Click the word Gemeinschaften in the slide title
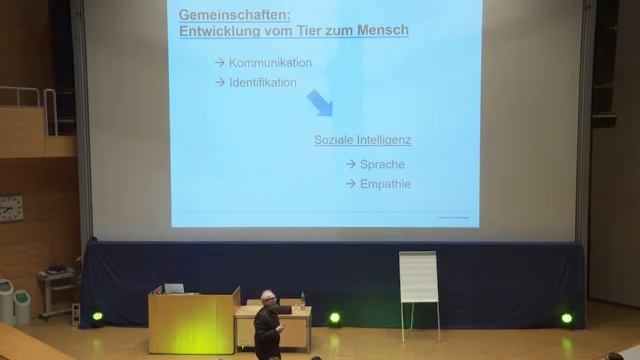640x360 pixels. pos(221,14)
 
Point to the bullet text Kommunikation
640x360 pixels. pos(270,63)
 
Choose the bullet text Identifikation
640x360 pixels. pos(262,83)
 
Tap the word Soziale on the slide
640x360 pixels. pos(333,140)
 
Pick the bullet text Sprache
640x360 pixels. pos(382,164)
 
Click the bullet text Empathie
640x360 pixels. pos(385,184)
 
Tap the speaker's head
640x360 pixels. pos(267,299)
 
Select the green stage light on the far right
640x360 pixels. pos(567,318)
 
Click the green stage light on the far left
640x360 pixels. pos(97,317)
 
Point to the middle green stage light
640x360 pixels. pos(334,318)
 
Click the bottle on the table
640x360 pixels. pos(303,299)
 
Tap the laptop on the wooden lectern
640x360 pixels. pos(174,289)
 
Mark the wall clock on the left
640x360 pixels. pos(10,208)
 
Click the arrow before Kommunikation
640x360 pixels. pos(219,63)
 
